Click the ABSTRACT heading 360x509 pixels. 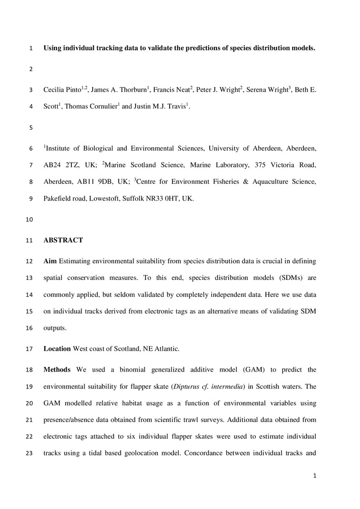(63, 240)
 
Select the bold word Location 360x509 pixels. (57, 349)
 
